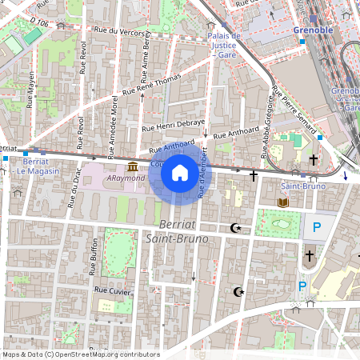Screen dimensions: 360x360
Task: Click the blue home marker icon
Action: coord(180,173)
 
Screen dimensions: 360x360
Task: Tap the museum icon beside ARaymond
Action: coord(132,166)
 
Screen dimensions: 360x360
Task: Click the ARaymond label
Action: coord(126,178)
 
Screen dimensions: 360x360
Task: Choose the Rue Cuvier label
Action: coord(111,290)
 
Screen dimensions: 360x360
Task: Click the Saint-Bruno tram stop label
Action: coord(305,186)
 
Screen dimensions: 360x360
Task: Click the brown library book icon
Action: coord(282,203)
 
